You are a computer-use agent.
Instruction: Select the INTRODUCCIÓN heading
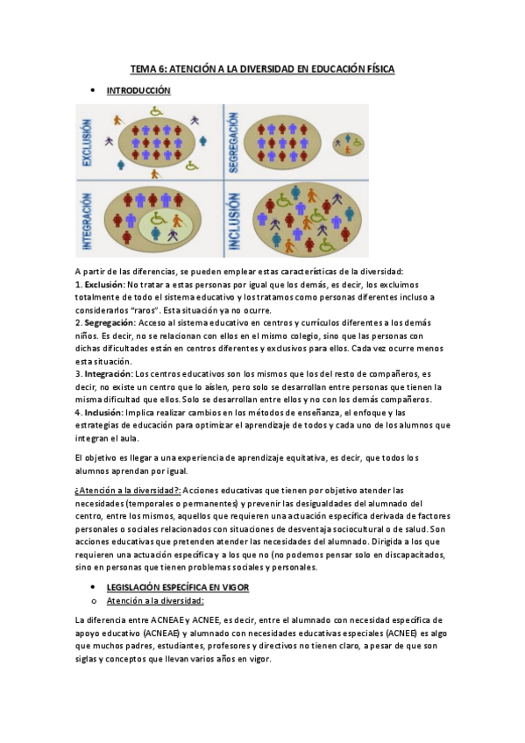pyautogui.click(x=138, y=90)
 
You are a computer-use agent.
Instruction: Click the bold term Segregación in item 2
pyautogui.click(x=108, y=322)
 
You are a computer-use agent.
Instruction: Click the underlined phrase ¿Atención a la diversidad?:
pyautogui.click(x=127, y=491)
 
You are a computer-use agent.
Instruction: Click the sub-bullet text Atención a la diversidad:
pyautogui.click(x=154, y=600)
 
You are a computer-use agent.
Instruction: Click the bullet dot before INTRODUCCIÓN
pyautogui.click(x=92, y=90)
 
